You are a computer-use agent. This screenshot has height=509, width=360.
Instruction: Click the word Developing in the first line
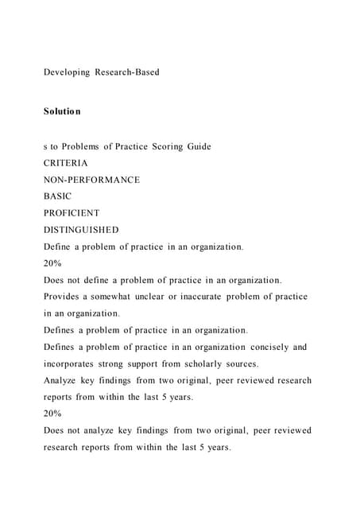[67, 72]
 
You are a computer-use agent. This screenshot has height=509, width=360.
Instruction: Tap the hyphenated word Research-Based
[127, 72]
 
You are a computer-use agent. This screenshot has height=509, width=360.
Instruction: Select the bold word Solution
[62, 111]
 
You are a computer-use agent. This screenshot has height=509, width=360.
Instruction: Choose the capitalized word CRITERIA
[66, 163]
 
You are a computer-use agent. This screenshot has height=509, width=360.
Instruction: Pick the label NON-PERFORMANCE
[91, 180]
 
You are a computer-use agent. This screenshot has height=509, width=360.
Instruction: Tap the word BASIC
[57, 196]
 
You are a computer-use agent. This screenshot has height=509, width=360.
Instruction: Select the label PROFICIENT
[72, 213]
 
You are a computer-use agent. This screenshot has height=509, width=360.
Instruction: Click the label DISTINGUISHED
[81, 230]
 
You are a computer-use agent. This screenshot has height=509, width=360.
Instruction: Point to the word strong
[121, 363]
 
